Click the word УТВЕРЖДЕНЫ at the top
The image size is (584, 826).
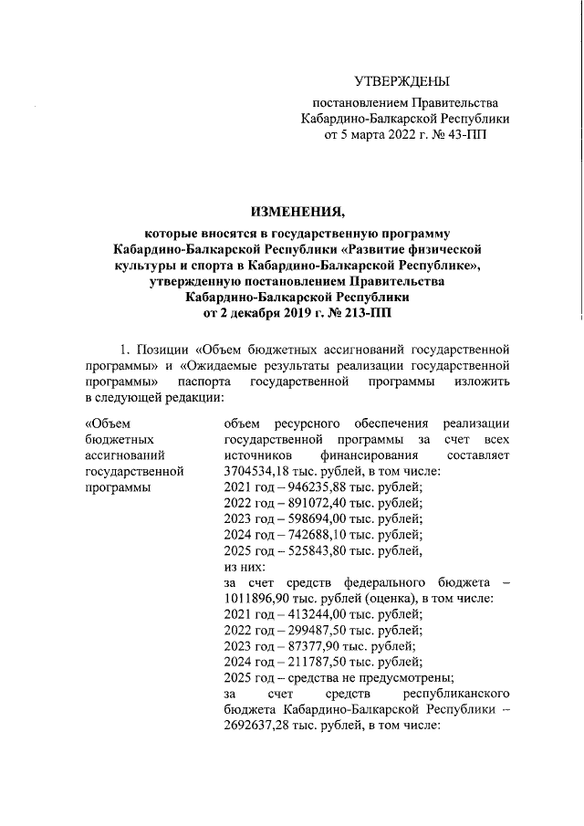tap(401, 83)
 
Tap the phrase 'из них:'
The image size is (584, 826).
tap(245, 567)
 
